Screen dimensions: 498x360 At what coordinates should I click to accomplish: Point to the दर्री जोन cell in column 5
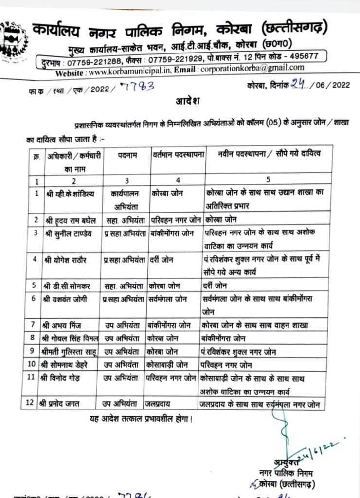point(215,285)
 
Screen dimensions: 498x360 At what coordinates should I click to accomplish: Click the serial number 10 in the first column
point(33,363)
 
